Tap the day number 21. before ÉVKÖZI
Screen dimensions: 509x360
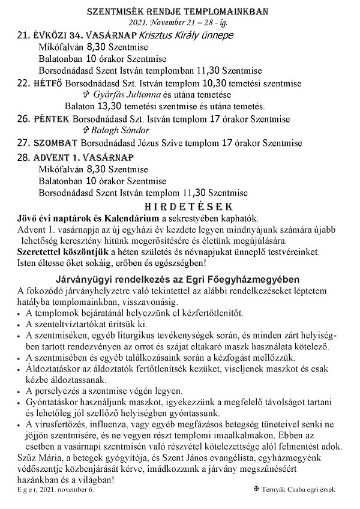tap(24, 35)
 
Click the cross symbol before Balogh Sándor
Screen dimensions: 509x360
tap(85, 130)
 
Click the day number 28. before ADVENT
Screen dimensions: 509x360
tap(24, 157)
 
